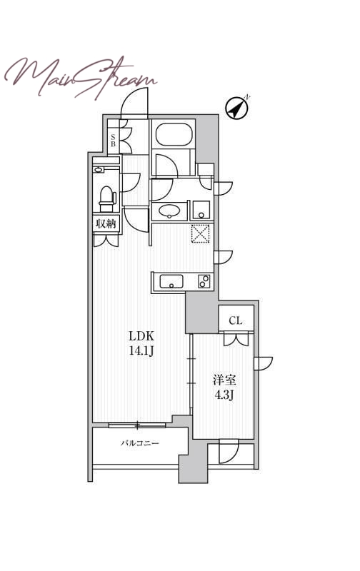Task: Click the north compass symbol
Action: pyautogui.click(x=237, y=108)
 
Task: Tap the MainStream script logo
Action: pyautogui.click(x=81, y=77)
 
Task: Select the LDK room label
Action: pyautogui.click(x=141, y=335)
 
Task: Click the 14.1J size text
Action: pyautogui.click(x=141, y=350)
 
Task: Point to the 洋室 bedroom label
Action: pyautogui.click(x=224, y=380)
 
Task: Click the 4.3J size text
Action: pyautogui.click(x=224, y=395)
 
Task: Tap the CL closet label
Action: pyautogui.click(x=236, y=320)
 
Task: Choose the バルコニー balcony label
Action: pyautogui.click(x=140, y=443)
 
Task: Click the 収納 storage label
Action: pyautogui.click(x=106, y=223)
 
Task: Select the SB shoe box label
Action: pyautogui.click(x=113, y=140)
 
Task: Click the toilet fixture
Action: pyautogui.click(x=107, y=199)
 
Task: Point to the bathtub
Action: pyautogui.click(x=174, y=134)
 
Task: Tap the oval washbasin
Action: pyautogui.click(x=169, y=211)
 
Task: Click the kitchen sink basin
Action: pyautogui.click(x=171, y=281)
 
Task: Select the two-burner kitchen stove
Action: pyautogui.click(x=204, y=281)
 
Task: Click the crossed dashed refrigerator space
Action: pyautogui.click(x=201, y=233)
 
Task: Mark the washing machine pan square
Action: pyautogui.click(x=201, y=210)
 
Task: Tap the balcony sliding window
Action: pyautogui.click(x=137, y=425)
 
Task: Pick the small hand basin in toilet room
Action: pyautogui.click(x=99, y=170)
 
